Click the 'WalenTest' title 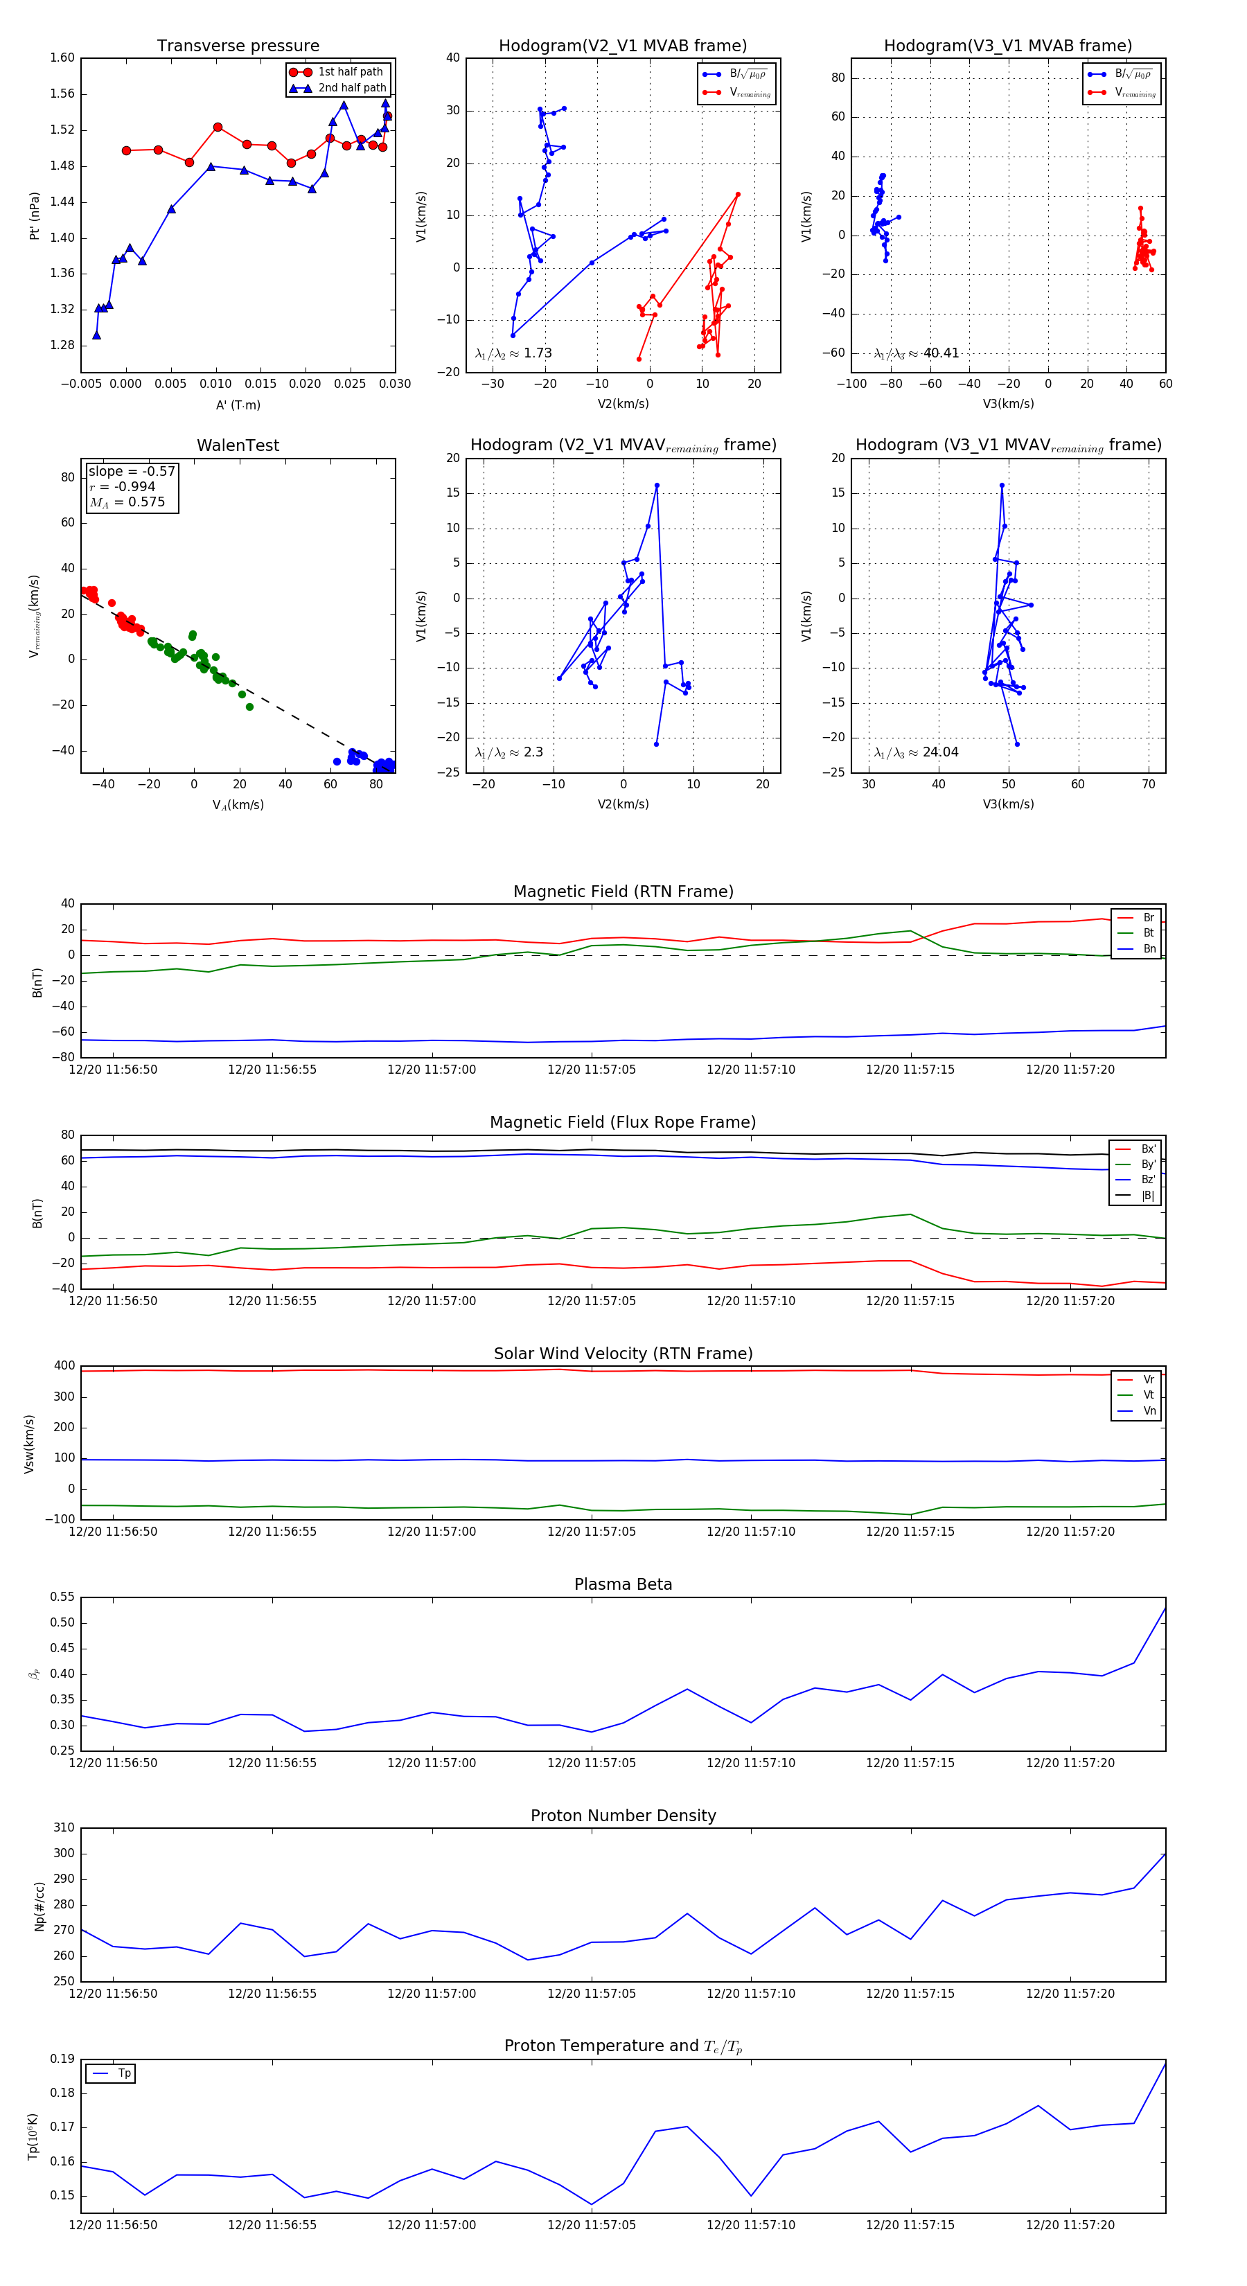point(238,445)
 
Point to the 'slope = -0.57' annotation point(132,471)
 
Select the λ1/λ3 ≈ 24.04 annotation point(916,752)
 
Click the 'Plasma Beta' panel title point(623,1584)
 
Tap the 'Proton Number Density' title point(623,1816)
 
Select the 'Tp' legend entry point(123,2073)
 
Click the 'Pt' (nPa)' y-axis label point(35,215)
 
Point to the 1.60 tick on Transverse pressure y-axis point(62,59)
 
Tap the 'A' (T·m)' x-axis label point(238,405)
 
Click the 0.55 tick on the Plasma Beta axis point(62,1597)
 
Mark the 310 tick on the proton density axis point(64,1828)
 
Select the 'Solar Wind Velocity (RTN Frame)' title point(623,1354)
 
